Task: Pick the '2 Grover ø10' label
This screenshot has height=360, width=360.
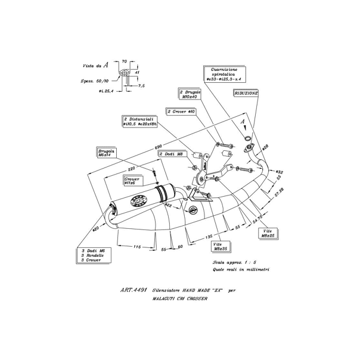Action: (x=181, y=111)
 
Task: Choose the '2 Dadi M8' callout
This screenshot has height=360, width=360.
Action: (x=173, y=153)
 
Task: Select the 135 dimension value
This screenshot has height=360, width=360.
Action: (x=209, y=236)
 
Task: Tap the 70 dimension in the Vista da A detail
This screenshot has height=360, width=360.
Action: (x=124, y=61)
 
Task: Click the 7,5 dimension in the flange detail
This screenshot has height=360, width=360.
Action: (x=141, y=85)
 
